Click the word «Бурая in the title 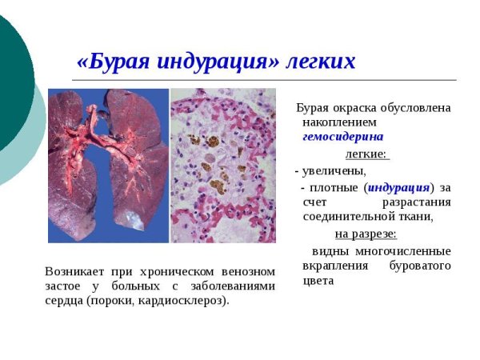[x=108, y=62]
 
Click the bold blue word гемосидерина [x=342, y=137]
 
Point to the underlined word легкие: [x=366, y=154]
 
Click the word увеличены [x=333, y=170]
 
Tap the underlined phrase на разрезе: [x=365, y=234]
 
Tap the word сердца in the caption [x=65, y=301]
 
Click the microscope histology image [x=223, y=165]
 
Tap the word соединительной [x=344, y=216]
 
